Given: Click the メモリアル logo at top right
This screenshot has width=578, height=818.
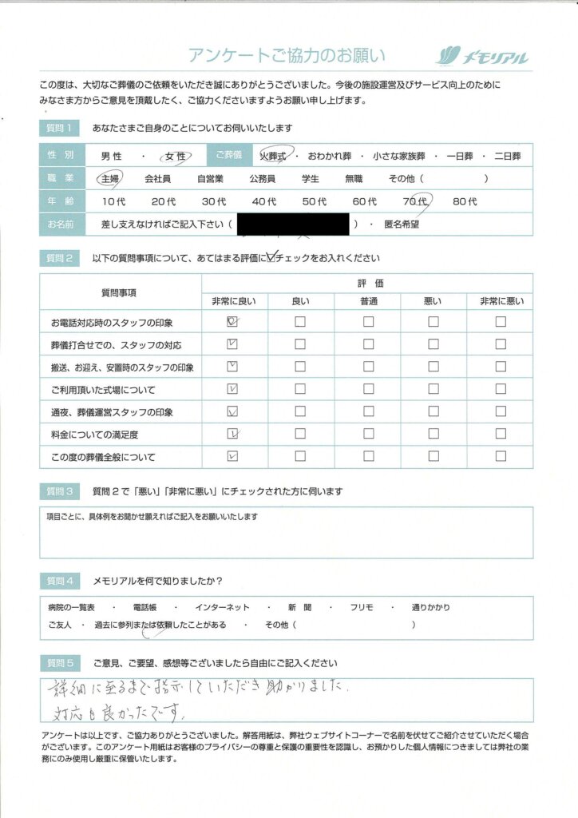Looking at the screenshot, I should pos(482,56).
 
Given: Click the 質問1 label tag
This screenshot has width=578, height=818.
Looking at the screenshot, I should pos(61,128).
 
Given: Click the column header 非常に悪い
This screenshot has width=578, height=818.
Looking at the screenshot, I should pos(500,301).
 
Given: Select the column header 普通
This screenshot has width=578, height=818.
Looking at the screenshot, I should pos(368,301).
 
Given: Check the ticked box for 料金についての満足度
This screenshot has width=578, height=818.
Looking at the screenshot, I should pos(233,435).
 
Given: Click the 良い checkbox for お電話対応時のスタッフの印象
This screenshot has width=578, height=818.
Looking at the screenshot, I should pos(300,322).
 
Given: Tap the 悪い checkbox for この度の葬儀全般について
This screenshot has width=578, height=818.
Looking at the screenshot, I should pos(433,457).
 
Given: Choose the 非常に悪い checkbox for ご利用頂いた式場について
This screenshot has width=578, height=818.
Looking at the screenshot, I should pos(500,390).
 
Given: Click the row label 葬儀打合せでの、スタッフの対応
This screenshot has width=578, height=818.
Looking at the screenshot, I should pos(116,345).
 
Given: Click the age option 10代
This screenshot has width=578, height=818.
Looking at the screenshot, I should pos(114,202).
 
